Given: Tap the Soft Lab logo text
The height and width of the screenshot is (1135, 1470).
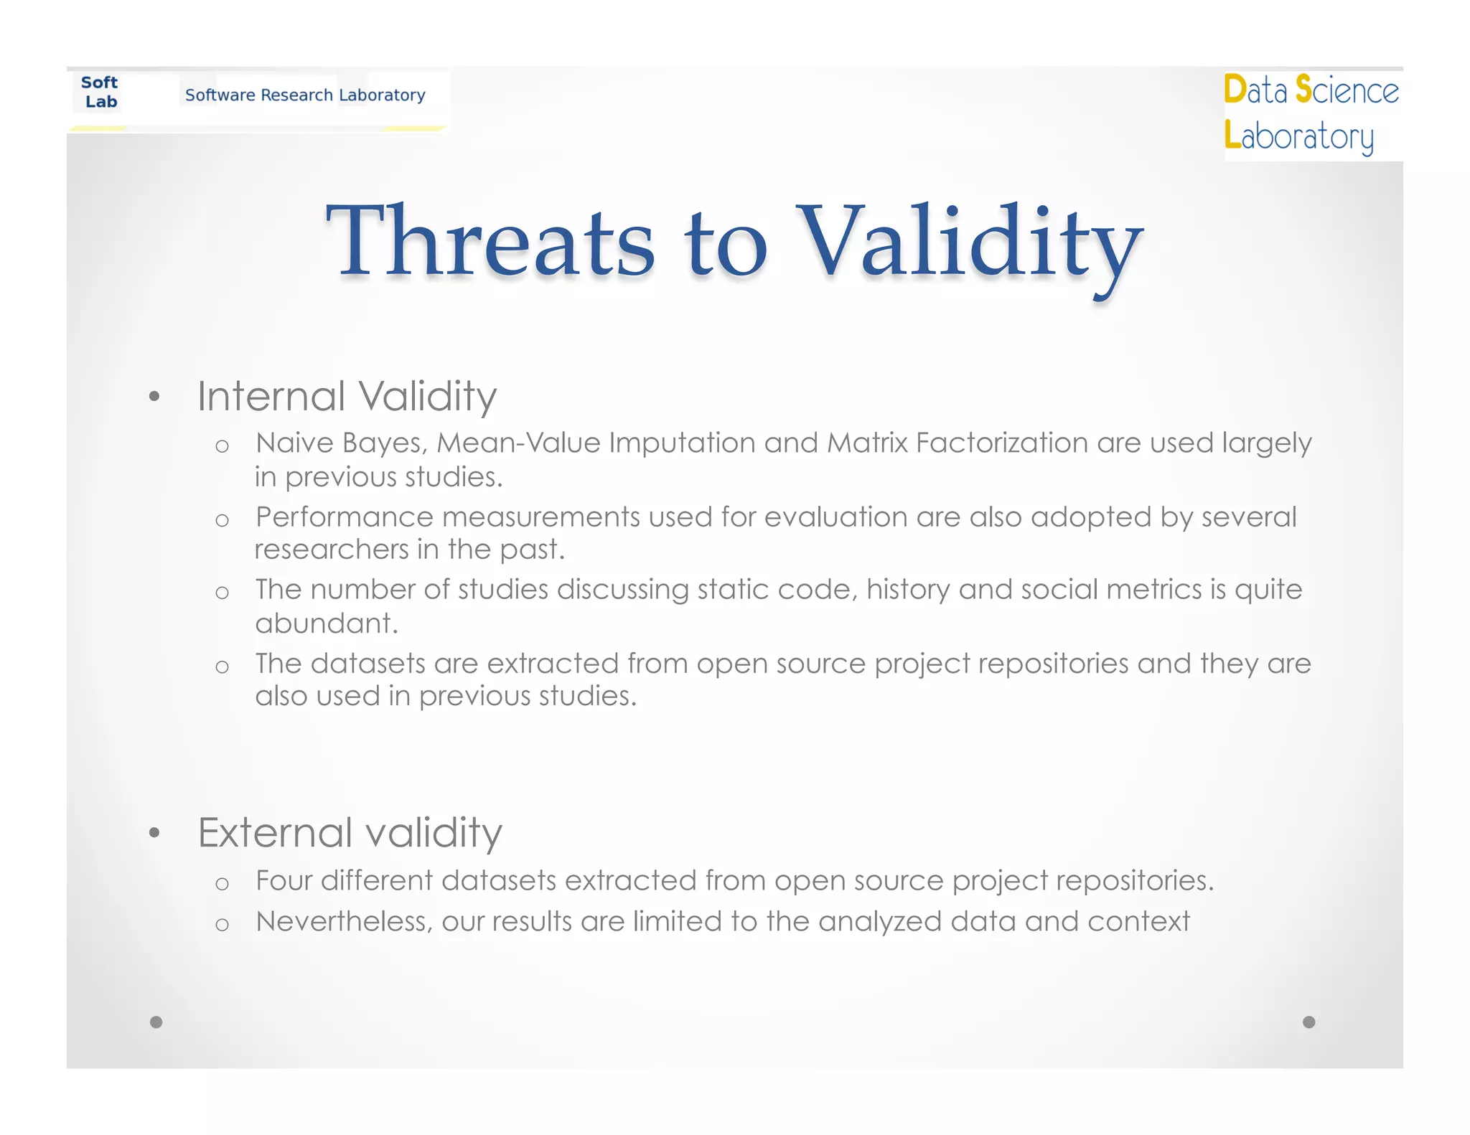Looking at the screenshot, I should click(x=100, y=93).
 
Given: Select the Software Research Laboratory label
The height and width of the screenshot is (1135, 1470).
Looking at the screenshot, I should click(x=305, y=95).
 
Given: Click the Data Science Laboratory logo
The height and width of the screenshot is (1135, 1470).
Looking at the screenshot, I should click(x=1310, y=113).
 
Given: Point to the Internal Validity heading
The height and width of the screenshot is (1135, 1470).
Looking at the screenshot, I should click(x=347, y=396).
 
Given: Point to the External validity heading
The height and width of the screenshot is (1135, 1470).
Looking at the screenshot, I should click(x=350, y=833).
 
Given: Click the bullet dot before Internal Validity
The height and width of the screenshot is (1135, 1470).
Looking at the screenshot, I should click(x=154, y=397).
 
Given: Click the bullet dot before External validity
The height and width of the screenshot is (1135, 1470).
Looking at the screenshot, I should click(x=154, y=833).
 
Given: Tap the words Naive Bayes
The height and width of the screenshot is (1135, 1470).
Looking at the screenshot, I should click(x=341, y=443).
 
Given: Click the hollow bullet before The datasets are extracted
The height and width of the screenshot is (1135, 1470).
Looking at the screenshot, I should click(x=222, y=667).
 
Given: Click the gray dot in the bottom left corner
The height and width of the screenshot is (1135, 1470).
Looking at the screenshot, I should click(x=156, y=1022).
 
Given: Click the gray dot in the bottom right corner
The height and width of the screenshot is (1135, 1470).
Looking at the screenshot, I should click(x=1309, y=1022).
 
